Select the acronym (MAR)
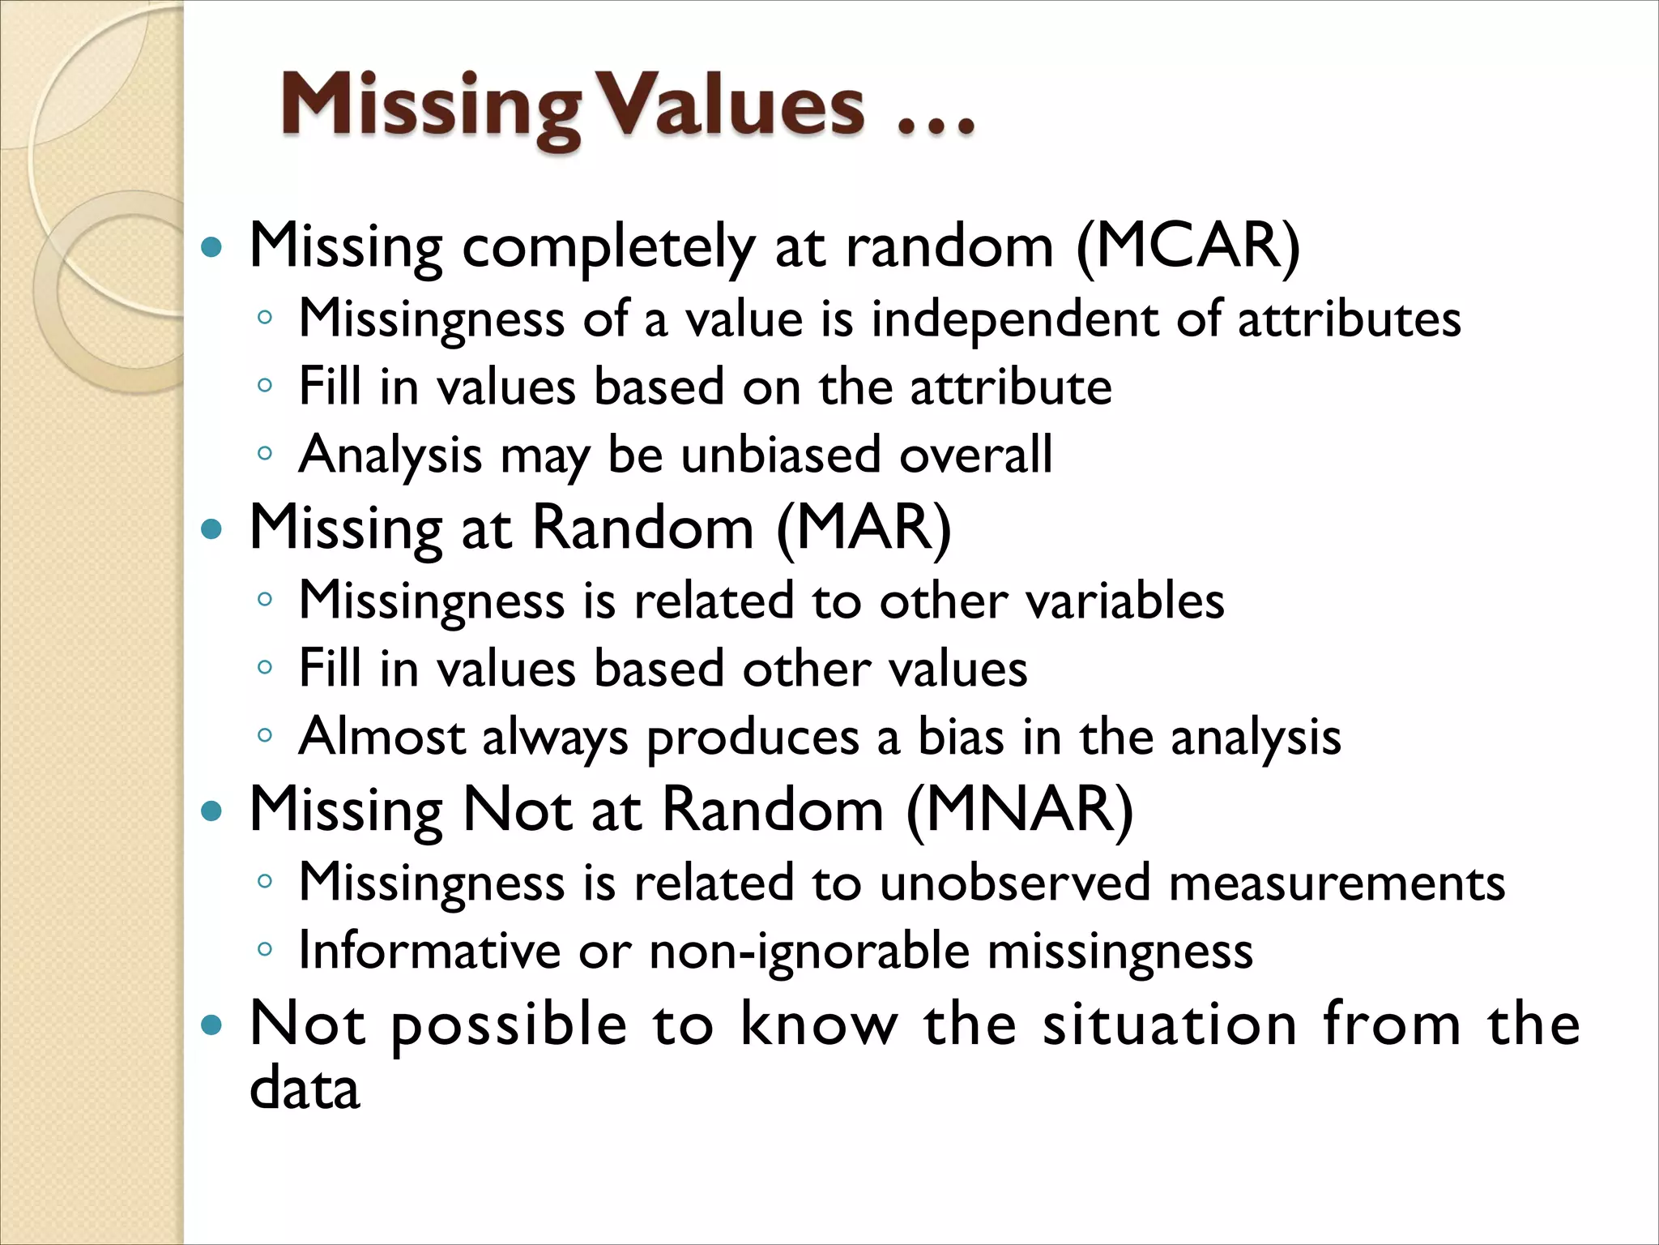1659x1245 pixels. point(864,528)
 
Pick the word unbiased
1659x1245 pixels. point(780,454)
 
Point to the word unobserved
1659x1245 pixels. point(1014,882)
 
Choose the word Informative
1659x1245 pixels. point(429,950)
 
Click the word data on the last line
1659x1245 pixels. point(305,1088)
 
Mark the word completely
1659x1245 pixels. point(608,247)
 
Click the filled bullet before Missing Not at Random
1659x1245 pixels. point(211,811)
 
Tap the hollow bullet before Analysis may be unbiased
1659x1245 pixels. point(265,453)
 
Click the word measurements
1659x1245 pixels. point(1337,882)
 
